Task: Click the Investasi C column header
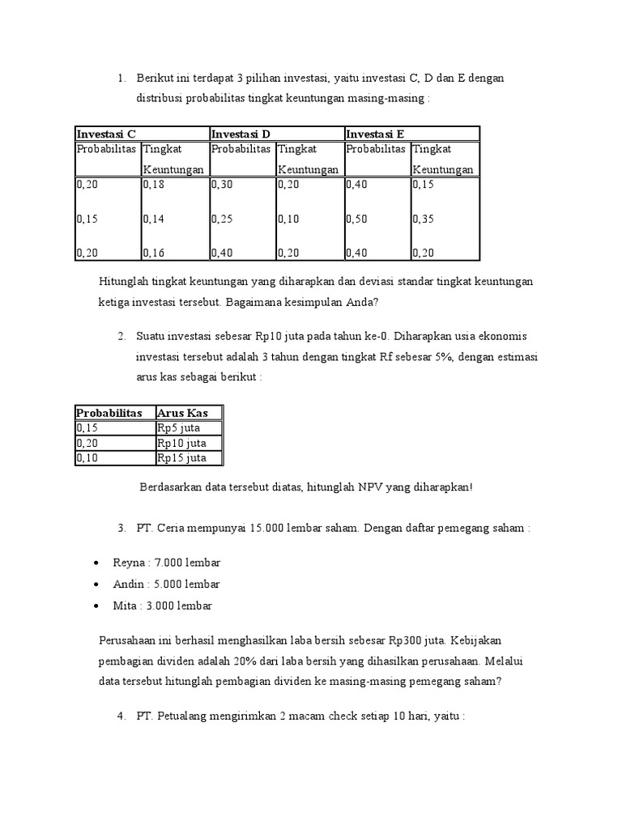point(106,134)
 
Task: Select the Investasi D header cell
point(241,134)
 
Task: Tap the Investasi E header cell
point(375,134)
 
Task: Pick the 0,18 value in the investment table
point(154,185)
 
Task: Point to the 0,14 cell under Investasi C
point(154,219)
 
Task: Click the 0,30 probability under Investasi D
point(222,185)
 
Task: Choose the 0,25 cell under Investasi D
point(222,219)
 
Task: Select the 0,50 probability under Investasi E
point(357,219)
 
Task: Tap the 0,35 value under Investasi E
point(424,219)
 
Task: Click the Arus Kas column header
point(182,413)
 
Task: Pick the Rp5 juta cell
point(178,427)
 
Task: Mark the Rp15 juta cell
point(181,457)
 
